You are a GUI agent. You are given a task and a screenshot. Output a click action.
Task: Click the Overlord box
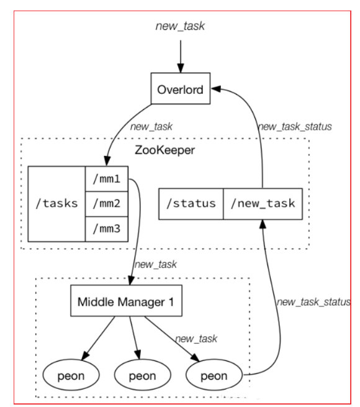[x=181, y=88]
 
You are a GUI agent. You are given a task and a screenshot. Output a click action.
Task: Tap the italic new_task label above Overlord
[x=180, y=26]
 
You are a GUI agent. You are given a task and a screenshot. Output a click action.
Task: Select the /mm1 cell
[x=107, y=179]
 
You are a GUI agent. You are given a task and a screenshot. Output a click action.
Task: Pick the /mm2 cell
[x=107, y=204]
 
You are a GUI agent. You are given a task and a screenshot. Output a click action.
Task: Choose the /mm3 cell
[x=107, y=229]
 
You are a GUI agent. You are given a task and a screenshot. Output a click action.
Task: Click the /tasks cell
[x=56, y=204]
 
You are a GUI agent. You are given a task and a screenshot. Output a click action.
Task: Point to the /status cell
[x=191, y=204]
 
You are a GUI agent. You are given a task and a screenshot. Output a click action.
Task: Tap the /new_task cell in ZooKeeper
[x=263, y=204]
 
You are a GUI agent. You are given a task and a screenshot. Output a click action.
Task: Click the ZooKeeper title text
[x=164, y=150]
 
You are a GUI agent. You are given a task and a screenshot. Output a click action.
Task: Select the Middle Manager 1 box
[x=127, y=301]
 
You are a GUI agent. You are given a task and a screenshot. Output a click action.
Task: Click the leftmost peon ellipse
[x=71, y=375]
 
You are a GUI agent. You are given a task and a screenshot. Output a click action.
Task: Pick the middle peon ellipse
[x=143, y=375]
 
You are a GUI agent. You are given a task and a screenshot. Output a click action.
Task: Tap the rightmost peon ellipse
[x=214, y=375]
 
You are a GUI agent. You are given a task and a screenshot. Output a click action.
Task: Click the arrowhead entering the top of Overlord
[x=181, y=68]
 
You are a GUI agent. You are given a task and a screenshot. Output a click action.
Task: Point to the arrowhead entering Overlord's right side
[x=216, y=89]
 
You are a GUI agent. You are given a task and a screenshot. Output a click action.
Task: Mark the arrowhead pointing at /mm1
[x=107, y=161]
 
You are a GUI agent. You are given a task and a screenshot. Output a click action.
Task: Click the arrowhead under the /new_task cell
[x=263, y=224]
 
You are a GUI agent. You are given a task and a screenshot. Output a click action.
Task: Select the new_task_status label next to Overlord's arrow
[x=295, y=127]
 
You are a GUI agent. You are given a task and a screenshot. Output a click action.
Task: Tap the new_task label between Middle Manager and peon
[x=196, y=339]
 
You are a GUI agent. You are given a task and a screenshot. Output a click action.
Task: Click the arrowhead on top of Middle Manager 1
[x=131, y=280]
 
